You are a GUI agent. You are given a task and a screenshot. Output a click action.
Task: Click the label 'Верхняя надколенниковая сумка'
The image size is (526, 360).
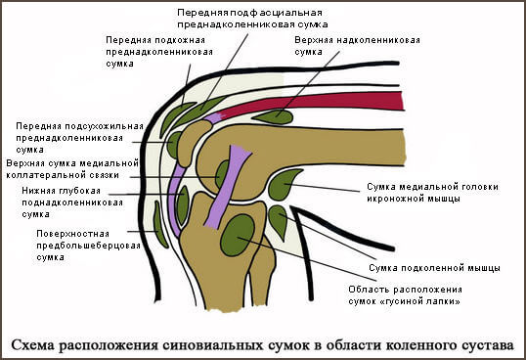(357, 48)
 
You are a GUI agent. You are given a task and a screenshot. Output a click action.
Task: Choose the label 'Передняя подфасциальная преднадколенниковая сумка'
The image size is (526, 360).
(251, 18)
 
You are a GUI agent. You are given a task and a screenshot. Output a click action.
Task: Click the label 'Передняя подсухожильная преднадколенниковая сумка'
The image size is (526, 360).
(79, 136)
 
